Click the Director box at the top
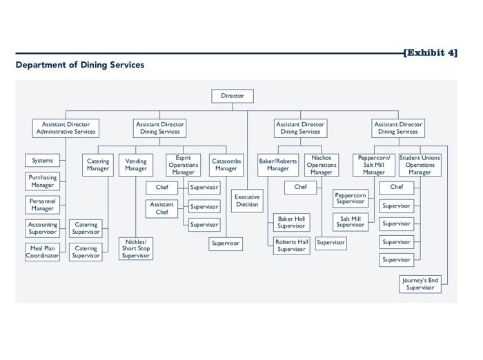click(233, 96)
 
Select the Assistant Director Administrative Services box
click(66, 128)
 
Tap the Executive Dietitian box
click(247, 201)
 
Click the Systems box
click(42, 161)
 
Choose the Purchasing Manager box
click(42, 181)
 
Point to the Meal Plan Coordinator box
click(42, 252)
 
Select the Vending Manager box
click(136, 165)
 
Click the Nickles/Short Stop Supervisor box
click(135, 249)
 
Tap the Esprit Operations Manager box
click(184, 165)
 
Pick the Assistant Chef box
click(161, 208)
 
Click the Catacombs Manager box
click(226, 165)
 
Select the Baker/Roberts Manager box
click(278, 165)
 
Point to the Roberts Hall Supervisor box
click(291, 246)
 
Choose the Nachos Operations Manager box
click(322, 165)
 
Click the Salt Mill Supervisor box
click(351, 221)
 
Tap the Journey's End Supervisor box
click(420, 283)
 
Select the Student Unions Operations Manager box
click(420, 165)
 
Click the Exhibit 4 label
click(431, 52)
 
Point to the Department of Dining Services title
click(80, 65)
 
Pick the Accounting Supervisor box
click(42, 228)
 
